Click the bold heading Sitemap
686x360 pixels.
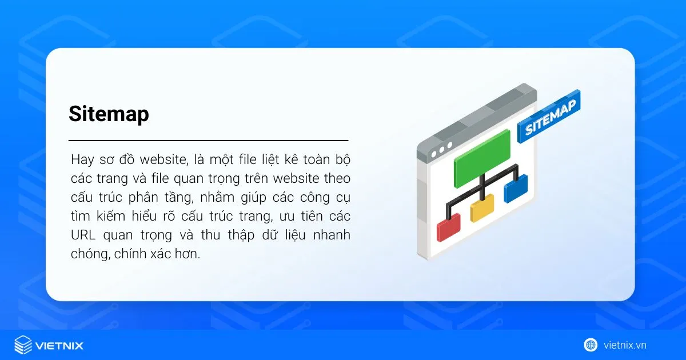(109, 114)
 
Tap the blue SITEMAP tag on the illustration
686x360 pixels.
(548, 117)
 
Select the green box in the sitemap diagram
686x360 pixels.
(482, 158)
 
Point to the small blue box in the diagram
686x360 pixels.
(515, 189)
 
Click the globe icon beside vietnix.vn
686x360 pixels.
(591, 345)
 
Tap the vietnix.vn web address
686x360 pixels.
(625, 345)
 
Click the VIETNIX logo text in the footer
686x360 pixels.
(59, 345)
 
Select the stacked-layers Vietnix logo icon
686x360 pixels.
(23, 345)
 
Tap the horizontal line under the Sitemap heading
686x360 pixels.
(208, 140)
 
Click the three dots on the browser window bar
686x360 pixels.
(441, 153)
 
